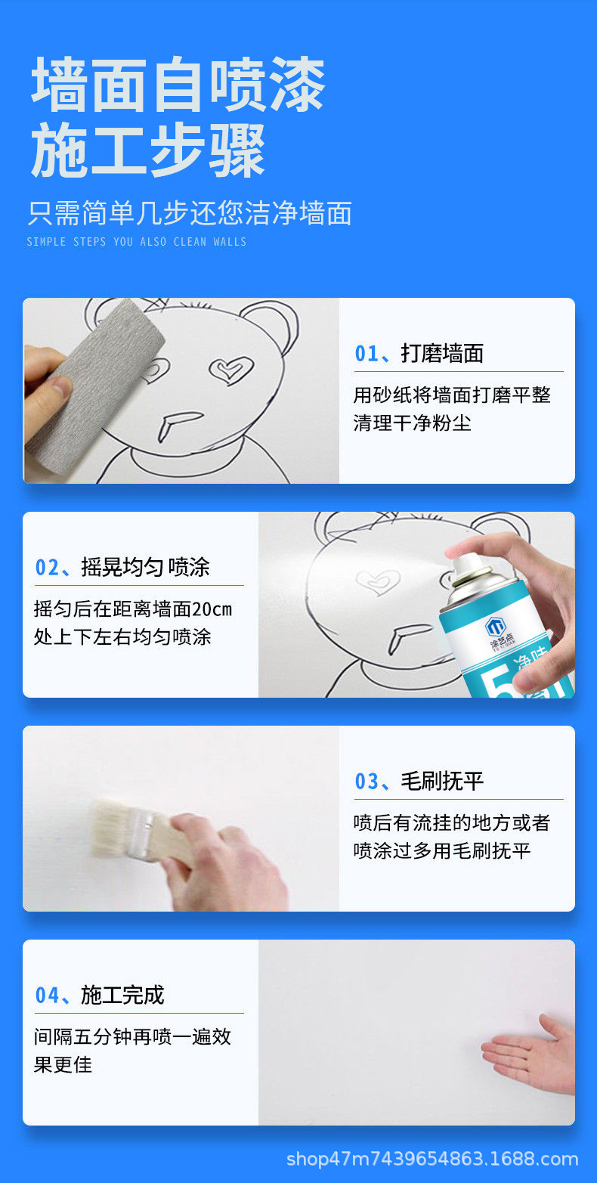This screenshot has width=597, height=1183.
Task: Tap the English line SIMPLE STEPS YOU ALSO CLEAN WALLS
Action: [x=137, y=242]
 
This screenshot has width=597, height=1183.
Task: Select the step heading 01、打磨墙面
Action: [x=419, y=353]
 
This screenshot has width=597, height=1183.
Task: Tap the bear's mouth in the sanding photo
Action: [x=177, y=424]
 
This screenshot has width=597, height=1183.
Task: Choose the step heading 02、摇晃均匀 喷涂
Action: [x=122, y=567]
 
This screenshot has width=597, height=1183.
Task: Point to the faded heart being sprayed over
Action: [x=377, y=581]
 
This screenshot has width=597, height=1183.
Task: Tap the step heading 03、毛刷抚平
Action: [x=419, y=781]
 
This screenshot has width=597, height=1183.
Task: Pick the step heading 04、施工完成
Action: [x=100, y=995]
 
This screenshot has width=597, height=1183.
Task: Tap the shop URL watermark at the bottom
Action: [x=433, y=1159]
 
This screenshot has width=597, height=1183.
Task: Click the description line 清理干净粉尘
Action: [x=412, y=423]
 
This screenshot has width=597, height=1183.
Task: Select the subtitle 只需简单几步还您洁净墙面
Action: [x=190, y=213]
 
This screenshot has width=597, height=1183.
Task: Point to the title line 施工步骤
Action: [x=148, y=150]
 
